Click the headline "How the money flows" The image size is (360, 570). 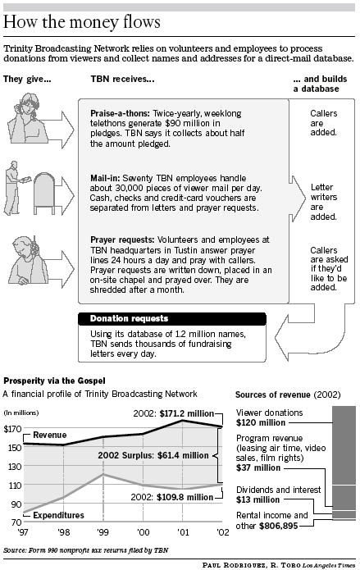point(82,22)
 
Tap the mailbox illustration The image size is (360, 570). point(44,194)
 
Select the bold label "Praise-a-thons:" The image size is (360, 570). point(120,113)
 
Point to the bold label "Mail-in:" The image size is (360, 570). point(105,178)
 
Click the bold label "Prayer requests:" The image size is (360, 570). point(122,240)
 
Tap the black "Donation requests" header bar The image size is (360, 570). point(172,318)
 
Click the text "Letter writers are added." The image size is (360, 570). point(324,202)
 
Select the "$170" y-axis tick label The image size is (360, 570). point(12,429)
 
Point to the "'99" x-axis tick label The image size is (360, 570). point(103,532)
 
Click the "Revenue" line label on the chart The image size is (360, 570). point(50,435)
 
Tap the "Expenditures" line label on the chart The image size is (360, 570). point(58,515)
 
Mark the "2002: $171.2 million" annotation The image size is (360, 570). point(174,413)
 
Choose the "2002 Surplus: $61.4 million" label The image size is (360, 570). point(153,455)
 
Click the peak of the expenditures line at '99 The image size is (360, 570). point(103,474)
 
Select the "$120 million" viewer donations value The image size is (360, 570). point(261,422)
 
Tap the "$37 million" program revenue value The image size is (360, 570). point(258,467)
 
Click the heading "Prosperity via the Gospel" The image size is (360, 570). point(55,381)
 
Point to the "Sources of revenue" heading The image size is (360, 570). point(273,394)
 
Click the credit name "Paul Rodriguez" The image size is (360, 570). point(235,565)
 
